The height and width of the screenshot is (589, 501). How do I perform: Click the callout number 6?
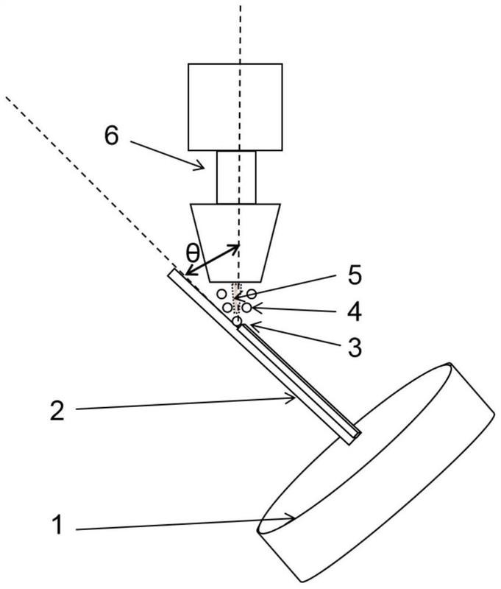[x=112, y=135]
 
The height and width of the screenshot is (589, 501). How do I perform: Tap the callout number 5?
[x=354, y=275]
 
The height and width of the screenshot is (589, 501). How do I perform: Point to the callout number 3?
[x=355, y=347]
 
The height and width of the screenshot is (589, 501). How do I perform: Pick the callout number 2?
[x=57, y=410]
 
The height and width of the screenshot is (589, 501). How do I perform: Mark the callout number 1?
[x=57, y=525]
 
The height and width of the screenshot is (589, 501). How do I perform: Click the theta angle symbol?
[x=193, y=254]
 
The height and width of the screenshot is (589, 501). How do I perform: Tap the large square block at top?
[x=235, y=107]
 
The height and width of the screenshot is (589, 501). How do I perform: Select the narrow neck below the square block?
[x=236, y=177]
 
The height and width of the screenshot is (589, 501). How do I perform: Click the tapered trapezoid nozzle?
[x=235, y=243]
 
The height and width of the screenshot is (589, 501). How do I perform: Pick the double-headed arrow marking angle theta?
[x=212, y=260]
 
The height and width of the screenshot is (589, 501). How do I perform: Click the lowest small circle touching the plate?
[x=237, y=321]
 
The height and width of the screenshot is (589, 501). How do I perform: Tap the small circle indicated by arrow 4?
[x=246, y=308]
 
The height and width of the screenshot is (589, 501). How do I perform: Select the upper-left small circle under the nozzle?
[x=222, y=293]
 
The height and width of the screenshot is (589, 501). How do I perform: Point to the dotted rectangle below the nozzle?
[x=236, y=298]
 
